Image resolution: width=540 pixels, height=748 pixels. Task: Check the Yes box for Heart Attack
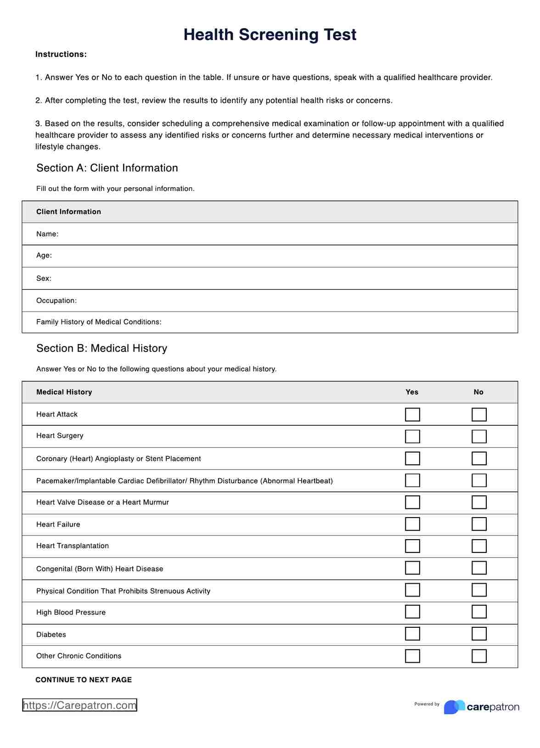(x=412, y=414)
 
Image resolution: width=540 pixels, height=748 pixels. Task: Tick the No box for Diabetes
(x=479, y=634)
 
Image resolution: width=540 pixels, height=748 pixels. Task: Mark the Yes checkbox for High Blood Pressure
(x=412, y=612)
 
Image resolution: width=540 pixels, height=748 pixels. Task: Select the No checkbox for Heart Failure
(x=479, y=524)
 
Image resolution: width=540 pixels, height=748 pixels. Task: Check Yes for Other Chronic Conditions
(x=412, y=656)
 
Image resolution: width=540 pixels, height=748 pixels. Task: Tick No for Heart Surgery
(x=479, y=436)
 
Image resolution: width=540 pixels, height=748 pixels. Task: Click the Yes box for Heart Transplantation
(x=412, y=546)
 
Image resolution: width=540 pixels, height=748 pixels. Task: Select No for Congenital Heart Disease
(x=479, y=568)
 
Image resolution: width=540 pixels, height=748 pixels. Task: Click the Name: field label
(x=47, y=234)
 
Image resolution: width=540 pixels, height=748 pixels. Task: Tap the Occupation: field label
(x=56, y=301)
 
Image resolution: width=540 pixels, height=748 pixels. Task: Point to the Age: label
(x=44, y=256)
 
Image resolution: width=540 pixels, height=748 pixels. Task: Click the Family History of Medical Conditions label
(x=99, y=322)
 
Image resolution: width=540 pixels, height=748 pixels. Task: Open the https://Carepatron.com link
(x=79, y=705)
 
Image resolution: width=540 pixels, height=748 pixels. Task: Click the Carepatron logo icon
(x=454, y=707)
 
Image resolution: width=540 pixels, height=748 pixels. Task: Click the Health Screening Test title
(x=270, y=35)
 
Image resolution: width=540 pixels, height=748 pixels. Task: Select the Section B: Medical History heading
(x=101, y=348)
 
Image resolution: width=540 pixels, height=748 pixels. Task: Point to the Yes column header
(x=412, y=392)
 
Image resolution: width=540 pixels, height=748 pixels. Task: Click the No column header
(x=478, y=392)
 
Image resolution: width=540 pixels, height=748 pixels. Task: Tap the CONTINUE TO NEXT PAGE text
(x=84, y=680)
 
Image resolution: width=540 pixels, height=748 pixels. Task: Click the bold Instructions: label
(x=61, y=54)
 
